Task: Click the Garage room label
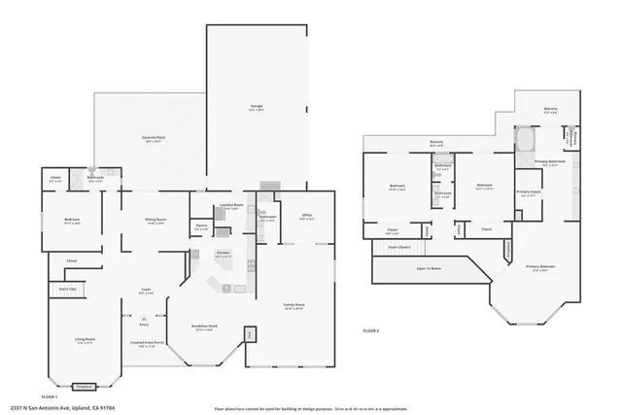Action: coord(257,109)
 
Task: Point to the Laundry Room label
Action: coord(231,205)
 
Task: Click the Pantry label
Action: coord(201,226)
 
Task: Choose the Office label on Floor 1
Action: coord(306,217)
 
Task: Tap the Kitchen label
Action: coord(223,253)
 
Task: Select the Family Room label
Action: coord(293,305)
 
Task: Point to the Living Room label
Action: coord(85,339)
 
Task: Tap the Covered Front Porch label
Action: coord(145,343)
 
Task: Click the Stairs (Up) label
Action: coord(67,290)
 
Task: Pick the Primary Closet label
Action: coord(529,192)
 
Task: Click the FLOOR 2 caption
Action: coord(371,331)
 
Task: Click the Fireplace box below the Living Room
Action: coord(85,385)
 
